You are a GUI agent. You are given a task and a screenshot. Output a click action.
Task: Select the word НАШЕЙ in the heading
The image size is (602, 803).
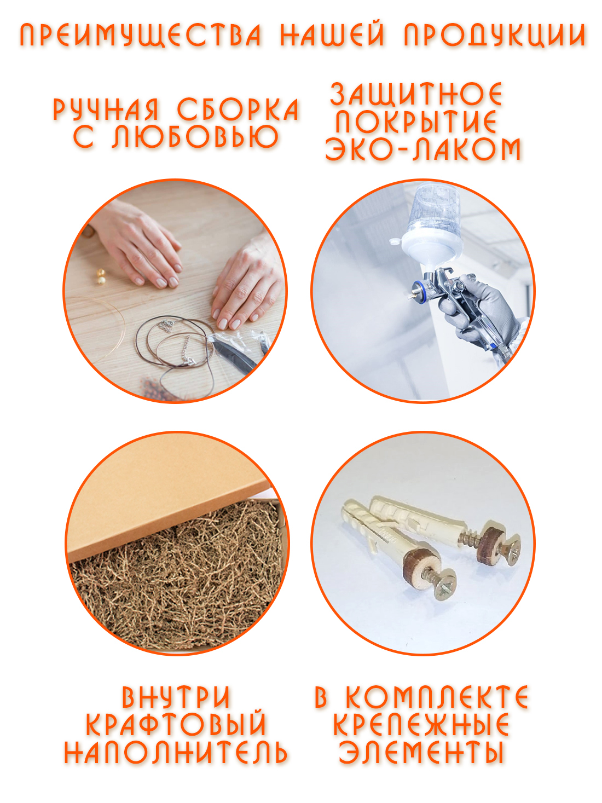click(332, 35)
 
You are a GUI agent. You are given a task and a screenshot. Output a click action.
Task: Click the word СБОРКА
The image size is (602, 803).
click(238, 109)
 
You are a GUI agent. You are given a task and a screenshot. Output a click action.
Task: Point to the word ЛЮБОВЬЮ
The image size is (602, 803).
click(195, 136)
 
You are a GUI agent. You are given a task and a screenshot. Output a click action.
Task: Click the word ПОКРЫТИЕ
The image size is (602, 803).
click(416, 122)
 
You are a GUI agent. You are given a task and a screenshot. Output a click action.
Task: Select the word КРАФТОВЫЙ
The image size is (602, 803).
click(176, 724)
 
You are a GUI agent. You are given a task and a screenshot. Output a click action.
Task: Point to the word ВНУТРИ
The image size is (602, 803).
click(176, 697)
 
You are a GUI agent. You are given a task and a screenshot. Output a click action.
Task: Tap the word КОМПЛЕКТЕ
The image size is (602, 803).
click(437, 697)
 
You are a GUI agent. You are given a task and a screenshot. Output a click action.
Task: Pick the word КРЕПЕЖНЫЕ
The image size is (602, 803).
click(421, 724)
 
